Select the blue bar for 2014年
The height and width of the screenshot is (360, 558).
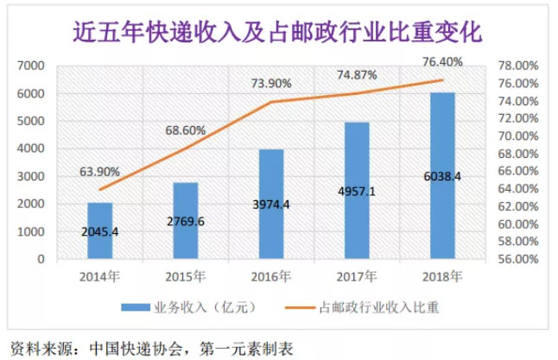click(100, 231)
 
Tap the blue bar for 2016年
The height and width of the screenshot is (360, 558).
click(271, 204)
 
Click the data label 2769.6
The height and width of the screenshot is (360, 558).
click(186, 221)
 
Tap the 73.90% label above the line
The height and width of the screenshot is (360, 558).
click(271, 83)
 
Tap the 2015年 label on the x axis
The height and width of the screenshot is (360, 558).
click(186, 277)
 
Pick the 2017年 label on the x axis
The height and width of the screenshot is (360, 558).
click(357, 277)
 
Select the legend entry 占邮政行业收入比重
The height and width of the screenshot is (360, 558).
click(379, 307)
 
